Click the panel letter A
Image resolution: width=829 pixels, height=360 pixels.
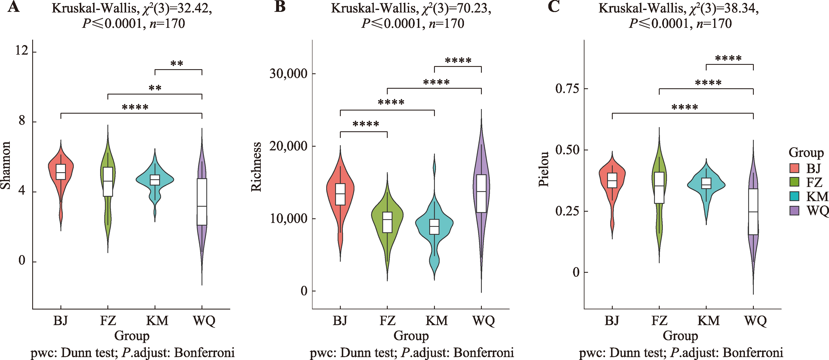coord(13,7)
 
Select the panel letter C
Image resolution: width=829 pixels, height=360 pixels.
coord(553,7)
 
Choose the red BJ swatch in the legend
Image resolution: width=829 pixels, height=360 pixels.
coord(795,168)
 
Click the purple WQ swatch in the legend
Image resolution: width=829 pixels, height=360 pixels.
coord(795,211)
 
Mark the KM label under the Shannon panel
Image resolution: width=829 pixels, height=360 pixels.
coord(157,321)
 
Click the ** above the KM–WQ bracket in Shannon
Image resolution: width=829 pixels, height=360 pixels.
coord(177,63)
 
